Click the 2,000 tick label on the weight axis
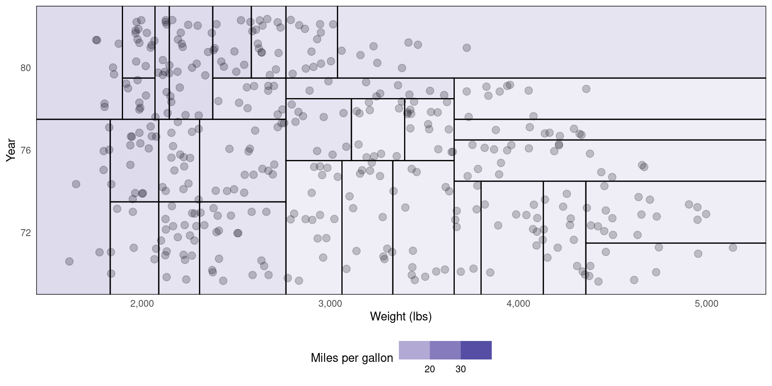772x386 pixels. (142, 304)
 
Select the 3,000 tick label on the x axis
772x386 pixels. (330, 304)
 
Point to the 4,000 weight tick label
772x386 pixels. (518, 304)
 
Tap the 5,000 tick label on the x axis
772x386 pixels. (706, 304)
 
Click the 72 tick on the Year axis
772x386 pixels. (25, 233)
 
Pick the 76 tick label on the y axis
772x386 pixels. (25, 150)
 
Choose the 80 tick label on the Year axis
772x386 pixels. (25, 68)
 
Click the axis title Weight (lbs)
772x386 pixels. (400, 317)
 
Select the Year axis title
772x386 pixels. (11, 150)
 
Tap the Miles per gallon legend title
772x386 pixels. (352, 358)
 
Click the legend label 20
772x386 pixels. (429, 369)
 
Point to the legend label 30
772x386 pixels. (460, 369)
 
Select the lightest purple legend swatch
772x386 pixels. (414, 350)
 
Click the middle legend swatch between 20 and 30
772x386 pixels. (445, 350)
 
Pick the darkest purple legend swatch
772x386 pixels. (476, 350)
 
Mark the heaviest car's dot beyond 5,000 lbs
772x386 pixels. (733, 247)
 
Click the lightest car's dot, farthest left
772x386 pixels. (69, 261)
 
